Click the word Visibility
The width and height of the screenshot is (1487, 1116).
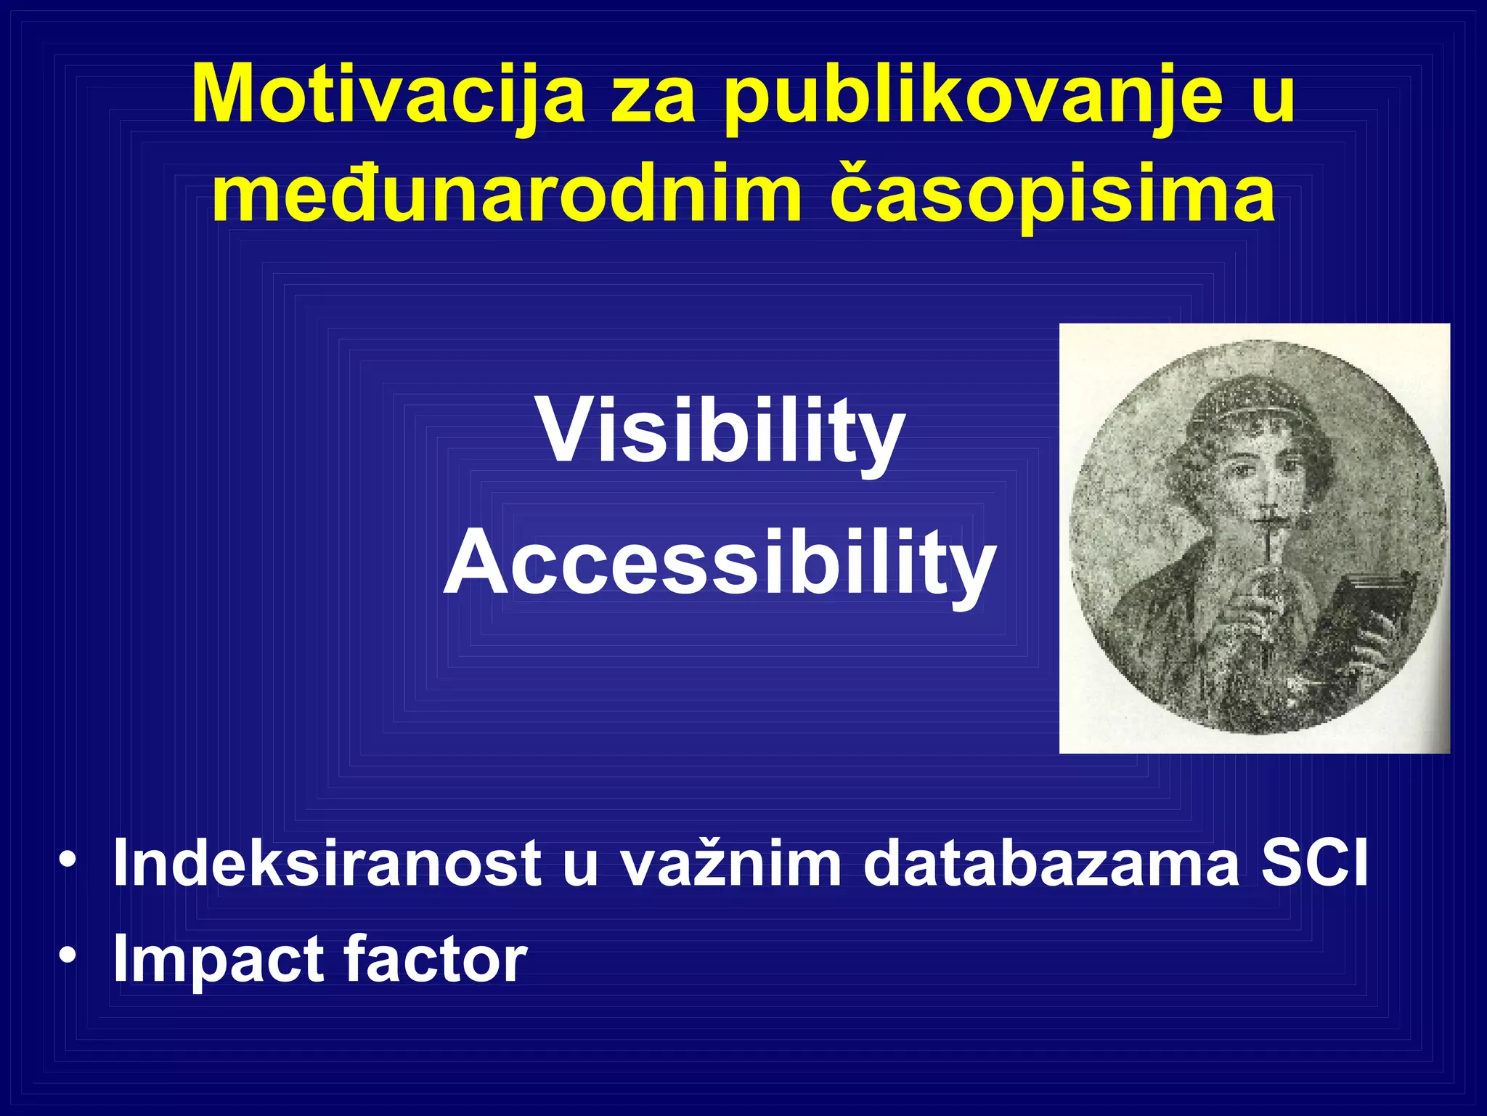(x=721, y=433)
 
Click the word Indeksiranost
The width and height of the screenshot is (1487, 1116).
(x=327, y=863)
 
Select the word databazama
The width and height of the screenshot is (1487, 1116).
(x=1051, y=863)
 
